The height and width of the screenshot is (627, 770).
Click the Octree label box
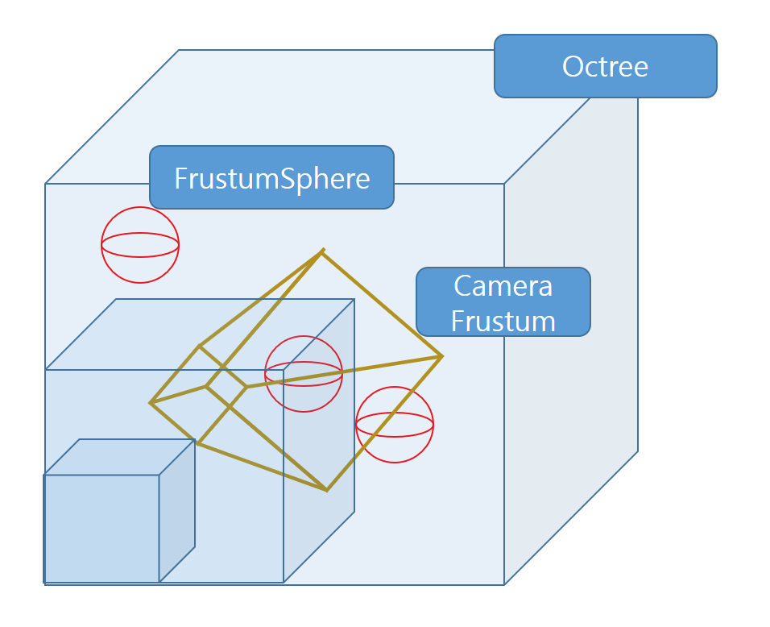coord(605,66)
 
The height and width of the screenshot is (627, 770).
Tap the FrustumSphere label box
coord(271,177)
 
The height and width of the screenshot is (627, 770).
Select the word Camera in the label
coord(503,285)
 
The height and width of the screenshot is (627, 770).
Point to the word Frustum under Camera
coord(503,320)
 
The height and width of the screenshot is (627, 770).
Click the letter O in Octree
coord(573,66)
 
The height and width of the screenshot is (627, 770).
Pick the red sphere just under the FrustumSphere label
coord(140,245)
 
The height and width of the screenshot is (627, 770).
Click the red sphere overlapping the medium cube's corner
coord(304,373)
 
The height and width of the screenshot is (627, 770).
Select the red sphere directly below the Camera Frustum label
coord(395,425)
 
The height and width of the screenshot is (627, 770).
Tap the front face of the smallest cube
coord(101,528)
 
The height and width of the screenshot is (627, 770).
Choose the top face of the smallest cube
coord(119,457)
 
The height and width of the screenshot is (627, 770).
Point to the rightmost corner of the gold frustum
coord(441,356)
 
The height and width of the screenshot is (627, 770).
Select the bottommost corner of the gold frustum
coord(326,489)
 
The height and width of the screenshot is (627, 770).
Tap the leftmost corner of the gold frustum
coord(151,402)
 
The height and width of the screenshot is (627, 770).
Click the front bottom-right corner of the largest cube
coord(504,583)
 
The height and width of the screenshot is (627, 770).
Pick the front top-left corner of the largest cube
coord(45,184)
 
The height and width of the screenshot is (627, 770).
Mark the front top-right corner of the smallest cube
coord(159,475)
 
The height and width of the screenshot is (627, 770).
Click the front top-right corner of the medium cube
coord(284,370)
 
